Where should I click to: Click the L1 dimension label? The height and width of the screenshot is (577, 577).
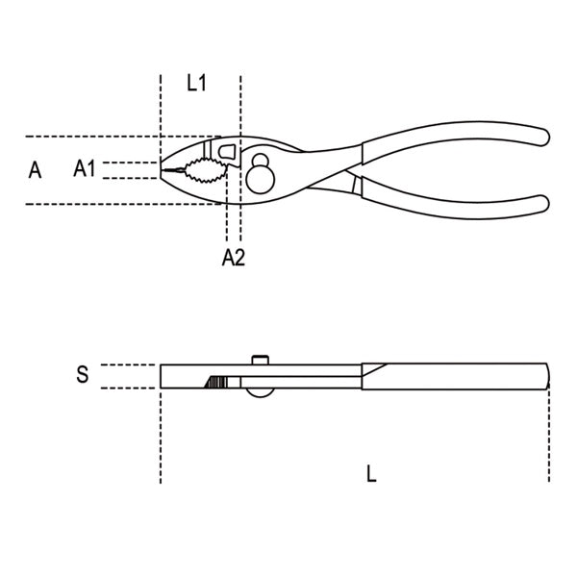coord(196,83)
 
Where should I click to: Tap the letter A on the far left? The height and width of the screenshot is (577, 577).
coord(35,170)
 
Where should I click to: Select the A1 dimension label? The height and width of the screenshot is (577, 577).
coord(85,168)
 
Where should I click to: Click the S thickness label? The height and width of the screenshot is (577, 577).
coord(83,374)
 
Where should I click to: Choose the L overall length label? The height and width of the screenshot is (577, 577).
coord(371,473)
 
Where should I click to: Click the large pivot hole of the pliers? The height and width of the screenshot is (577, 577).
coord(261,180)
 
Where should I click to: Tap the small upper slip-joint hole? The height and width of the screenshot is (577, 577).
coord(261,160)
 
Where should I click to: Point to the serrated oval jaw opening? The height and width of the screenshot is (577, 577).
coord(206,170)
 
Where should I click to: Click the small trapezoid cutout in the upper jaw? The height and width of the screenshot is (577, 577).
coord(227,151)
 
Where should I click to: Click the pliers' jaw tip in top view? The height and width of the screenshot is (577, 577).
coord(161,170)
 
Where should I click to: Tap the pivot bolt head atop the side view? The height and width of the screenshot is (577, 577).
coord(261,360)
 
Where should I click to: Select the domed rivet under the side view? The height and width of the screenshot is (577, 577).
coord(260,392)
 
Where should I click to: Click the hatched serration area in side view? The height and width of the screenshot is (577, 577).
coord(215,383)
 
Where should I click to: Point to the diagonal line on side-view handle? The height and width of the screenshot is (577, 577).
coord(374,369)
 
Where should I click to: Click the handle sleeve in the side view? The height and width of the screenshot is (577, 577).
coord(456,376)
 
